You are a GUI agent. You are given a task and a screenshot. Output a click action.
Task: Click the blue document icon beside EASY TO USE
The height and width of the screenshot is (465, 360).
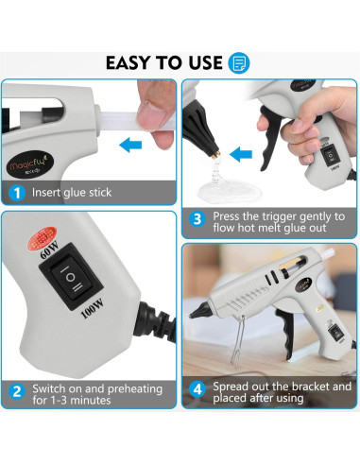239,63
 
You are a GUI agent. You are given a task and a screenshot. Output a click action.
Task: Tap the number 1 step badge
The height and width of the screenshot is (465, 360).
16,193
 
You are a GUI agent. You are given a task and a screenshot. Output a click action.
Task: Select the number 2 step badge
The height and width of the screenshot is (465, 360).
16,389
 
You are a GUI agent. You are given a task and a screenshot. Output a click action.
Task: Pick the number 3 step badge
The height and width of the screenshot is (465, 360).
197,218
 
